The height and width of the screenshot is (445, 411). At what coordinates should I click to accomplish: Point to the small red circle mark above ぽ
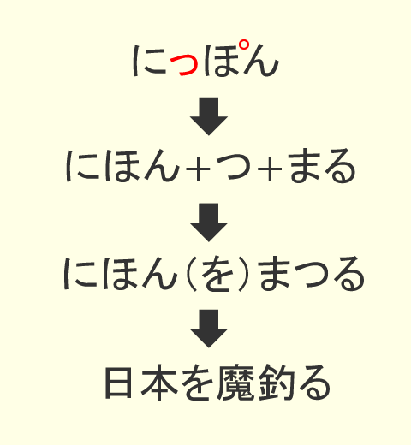pyautogui.click(x=243, y=45)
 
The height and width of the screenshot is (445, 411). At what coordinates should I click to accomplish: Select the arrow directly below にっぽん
pyautogui.click(x=209, y=116)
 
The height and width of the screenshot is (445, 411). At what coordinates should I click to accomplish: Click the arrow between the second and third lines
pyautogui.click(x=209, y=222)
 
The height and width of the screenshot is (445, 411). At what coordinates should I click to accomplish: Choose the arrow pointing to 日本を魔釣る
pyautogui.click(x=209, y=329)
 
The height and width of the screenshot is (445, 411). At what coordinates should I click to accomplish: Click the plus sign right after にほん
pyautogui.click(x=198, y=169)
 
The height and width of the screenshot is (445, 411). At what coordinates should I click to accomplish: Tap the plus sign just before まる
pyautogui.click(x=270, y=169)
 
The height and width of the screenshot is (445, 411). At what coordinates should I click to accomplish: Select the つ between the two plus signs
pyautogui.click(x=234, y=168)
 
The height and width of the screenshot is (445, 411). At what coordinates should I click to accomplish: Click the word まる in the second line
pyautogui.click(x=322, y=166)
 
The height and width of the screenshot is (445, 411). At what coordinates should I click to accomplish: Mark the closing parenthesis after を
pyautogui.click(x=243, y=275)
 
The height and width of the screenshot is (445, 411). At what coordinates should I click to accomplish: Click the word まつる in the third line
pyautogui.click(x=313, y=273)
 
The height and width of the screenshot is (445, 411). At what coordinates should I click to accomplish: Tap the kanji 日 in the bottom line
pyautogui.click(x=119, y=383)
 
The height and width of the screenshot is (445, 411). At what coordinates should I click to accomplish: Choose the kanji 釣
pyautogui.click(x=277, y=383)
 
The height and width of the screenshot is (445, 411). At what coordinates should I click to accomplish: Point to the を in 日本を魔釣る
pyautogui.click(x=198, y=383)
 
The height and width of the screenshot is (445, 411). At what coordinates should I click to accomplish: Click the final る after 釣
pyautogui.click(x=314, y=383)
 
